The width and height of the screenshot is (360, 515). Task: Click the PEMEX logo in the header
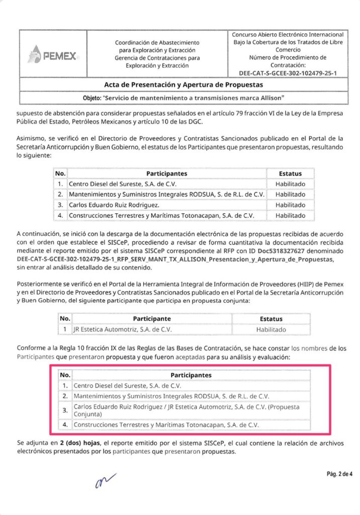coord(53,54)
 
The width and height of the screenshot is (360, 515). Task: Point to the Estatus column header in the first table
coord(290,173)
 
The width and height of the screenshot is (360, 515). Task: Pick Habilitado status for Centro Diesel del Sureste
coord(290,184)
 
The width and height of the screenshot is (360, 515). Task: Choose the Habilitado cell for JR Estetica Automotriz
coord(271,329)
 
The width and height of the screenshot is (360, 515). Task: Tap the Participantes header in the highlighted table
coord(191,375)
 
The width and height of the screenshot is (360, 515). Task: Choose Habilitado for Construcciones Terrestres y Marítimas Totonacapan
coord(290,215)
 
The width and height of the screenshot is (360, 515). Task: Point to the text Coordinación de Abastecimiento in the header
coord(157,43)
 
